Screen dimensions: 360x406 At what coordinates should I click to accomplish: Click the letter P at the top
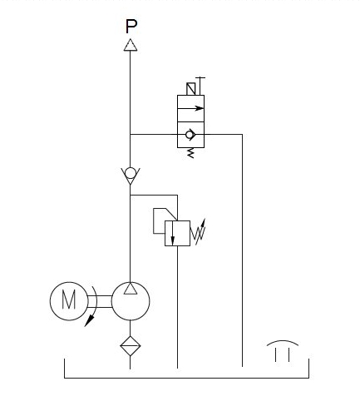[131, 27]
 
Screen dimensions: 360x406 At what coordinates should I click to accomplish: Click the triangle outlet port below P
[131, 45]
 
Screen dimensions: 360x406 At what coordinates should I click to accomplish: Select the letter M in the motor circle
[69, 300]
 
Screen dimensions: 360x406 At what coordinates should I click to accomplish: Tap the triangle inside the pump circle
[131, 289]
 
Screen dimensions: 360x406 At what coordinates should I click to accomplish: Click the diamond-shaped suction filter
[131, 346]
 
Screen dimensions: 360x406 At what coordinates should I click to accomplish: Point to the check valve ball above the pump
[131, 174]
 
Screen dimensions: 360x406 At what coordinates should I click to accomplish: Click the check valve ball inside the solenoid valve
[190, 135]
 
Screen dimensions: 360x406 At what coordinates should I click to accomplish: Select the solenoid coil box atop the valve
[191, 89]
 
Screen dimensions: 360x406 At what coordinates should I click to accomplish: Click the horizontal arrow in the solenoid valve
[190, 108]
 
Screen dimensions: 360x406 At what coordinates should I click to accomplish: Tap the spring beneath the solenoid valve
[190, 153]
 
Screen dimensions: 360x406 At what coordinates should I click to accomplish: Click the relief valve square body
[177, 233]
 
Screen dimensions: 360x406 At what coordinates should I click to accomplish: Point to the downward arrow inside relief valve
[173, 233]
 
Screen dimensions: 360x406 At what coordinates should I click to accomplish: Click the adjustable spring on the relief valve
[198, 232]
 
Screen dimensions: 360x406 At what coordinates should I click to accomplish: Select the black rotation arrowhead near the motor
[89, 321]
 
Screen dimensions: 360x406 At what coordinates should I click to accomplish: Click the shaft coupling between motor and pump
[100, 301]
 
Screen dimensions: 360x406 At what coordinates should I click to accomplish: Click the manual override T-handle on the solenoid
[200, 86]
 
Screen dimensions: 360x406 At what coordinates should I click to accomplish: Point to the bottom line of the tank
[186, 378]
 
